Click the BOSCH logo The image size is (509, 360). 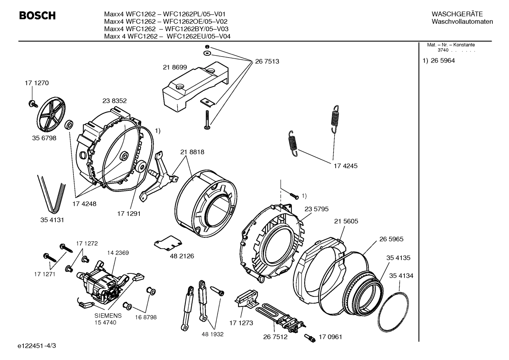[37, 16]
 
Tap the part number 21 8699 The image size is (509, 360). [175, 67]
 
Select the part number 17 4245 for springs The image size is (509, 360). [345, 166]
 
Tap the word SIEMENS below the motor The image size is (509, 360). [108, 315]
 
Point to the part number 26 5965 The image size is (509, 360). [391, 239]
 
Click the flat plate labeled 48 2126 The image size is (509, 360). [168, 243]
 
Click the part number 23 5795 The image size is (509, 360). [316, 209]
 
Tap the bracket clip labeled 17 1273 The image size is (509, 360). [247, 297]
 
